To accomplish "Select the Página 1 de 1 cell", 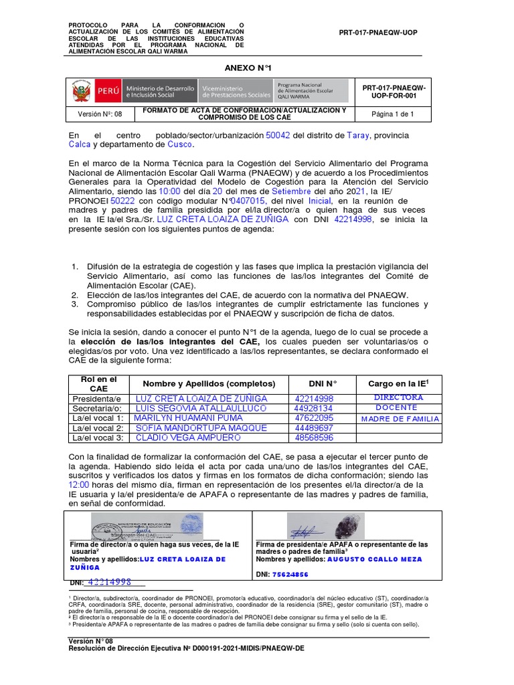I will click(393, 114).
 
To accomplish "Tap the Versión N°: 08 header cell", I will click(100, 114).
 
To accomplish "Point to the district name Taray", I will click(357, 135).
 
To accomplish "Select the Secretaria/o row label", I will click(98, 407).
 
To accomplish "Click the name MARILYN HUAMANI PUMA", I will click(189, 417).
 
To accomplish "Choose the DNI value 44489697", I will click(314, 427).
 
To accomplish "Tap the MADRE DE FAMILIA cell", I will click(400, 419).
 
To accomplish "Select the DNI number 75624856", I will click(290, 575).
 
